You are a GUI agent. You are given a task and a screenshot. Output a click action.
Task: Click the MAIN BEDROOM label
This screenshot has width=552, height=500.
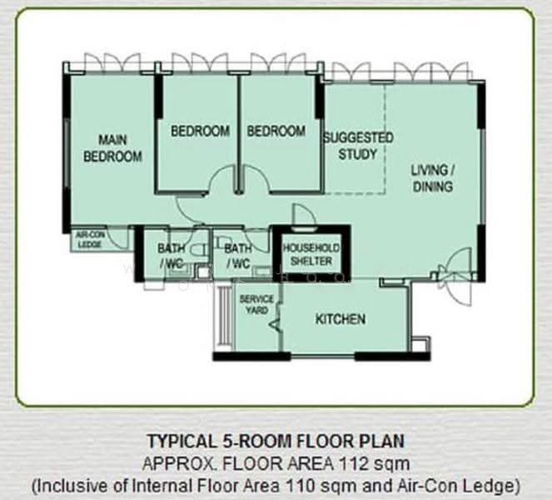112,148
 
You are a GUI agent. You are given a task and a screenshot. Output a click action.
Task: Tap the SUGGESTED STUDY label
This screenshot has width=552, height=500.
358,146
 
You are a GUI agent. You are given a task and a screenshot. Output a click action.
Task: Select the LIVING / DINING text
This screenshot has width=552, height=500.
433,178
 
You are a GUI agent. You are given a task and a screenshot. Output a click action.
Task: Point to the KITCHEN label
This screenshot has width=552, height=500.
341,319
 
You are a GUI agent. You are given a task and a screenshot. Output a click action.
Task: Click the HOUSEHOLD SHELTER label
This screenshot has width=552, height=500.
311,254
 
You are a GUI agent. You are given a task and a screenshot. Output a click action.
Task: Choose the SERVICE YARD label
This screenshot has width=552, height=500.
256,305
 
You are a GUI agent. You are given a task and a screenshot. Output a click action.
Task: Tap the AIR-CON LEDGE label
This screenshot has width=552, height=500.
90,240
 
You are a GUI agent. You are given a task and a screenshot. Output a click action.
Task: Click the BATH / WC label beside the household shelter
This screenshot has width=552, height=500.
238,256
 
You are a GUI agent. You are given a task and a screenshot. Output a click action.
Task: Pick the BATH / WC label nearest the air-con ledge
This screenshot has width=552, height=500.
171,256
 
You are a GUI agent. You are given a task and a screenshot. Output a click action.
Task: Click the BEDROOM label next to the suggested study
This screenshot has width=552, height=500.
276,131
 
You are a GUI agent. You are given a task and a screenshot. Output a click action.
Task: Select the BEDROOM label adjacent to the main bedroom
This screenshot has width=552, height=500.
200,131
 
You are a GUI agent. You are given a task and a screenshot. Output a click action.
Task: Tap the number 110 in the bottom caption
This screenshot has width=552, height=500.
300,487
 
